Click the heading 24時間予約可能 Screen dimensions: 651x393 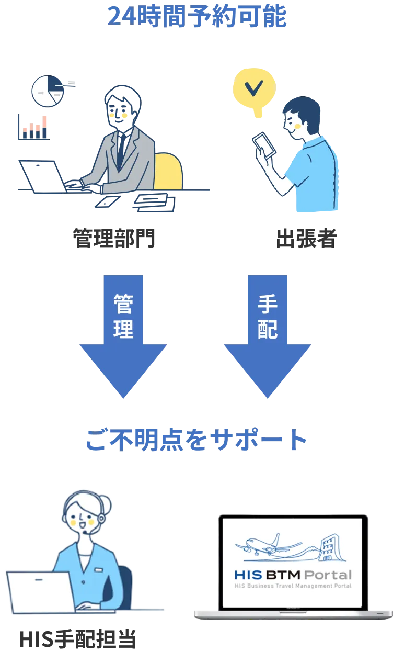click(x=196, y=16)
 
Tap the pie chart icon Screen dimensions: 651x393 click(x=48, y=91)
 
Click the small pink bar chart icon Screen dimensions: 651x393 click(x=34, y=127)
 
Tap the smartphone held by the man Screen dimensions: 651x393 click(x=263, y=144)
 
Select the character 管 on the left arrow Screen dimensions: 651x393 click(x=123, y=304)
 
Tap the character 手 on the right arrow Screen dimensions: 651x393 click(x=267, y=304)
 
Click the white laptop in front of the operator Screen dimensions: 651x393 click(x=41, y=592)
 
